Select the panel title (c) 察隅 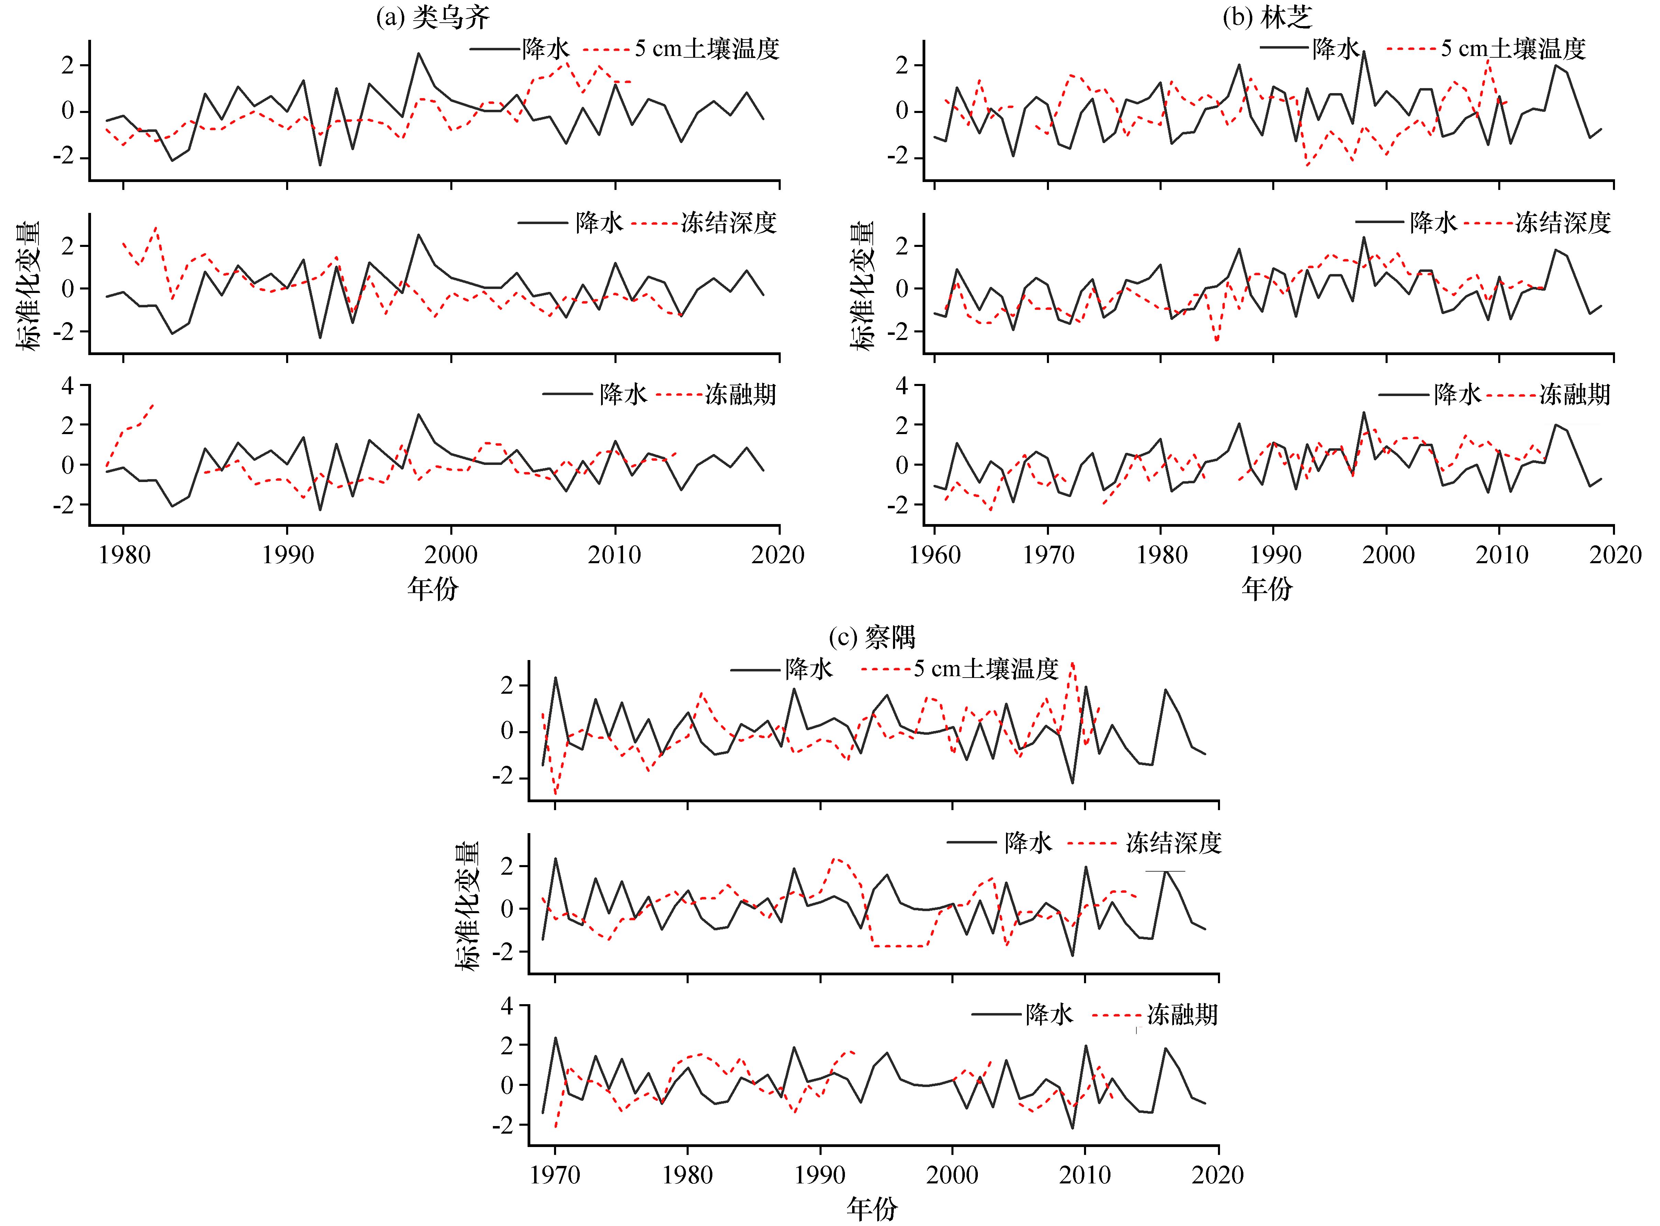872,637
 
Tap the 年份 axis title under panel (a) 433,589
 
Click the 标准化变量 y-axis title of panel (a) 30,286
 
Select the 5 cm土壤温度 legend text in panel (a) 707,49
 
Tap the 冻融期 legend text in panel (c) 1182,1014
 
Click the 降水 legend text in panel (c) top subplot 809,669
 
